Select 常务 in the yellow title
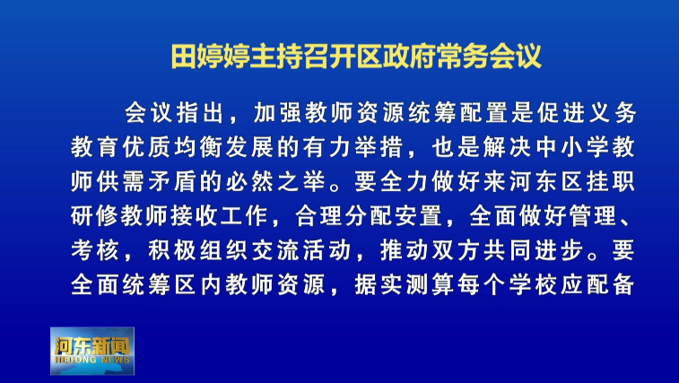(x=463, y=56)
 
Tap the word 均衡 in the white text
(x=199, y=147)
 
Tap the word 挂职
(x=611, y=181)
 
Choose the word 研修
(x=94, y=216)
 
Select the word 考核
(x=94, y=250)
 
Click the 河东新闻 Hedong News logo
(x=92, y=351)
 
